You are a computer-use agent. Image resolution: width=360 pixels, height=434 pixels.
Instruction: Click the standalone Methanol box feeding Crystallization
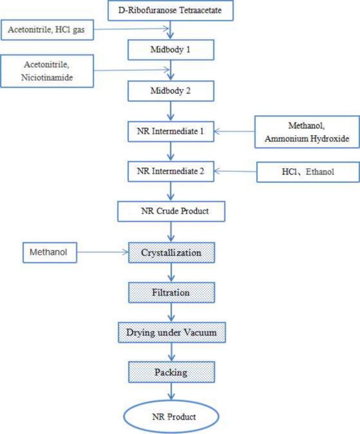click(50, 253)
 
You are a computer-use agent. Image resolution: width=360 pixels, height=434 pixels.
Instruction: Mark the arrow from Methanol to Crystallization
click(102, 253)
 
